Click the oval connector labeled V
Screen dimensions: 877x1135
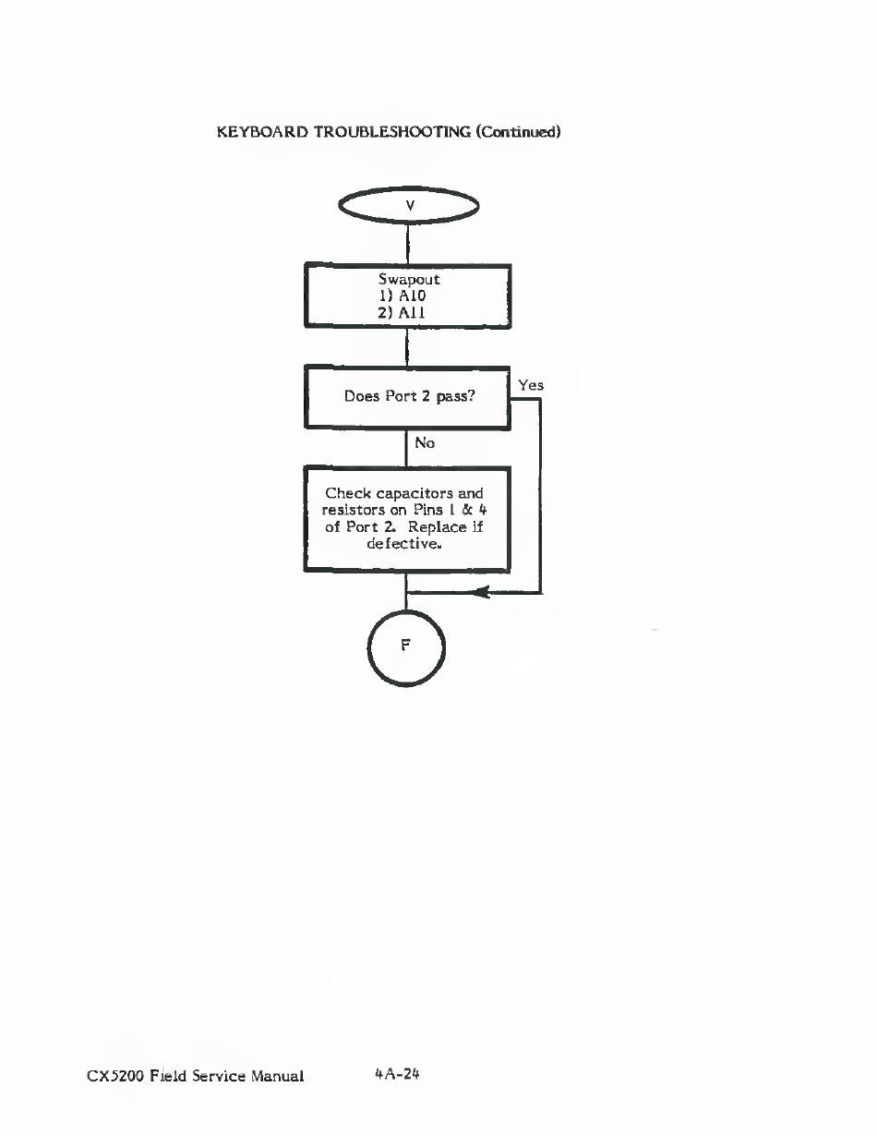409,206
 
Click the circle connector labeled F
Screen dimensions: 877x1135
406,646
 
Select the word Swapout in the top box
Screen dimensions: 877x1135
408,278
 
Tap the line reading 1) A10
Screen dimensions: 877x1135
408,296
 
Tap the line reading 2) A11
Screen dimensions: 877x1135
408,313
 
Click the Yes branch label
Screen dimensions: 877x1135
531,385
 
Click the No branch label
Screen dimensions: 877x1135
425,443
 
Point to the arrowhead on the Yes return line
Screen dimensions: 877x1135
480,593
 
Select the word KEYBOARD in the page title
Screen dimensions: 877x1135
261,131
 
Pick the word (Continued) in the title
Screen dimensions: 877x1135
519,131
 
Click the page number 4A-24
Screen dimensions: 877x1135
397,1074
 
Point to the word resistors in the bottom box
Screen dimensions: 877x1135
354,510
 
